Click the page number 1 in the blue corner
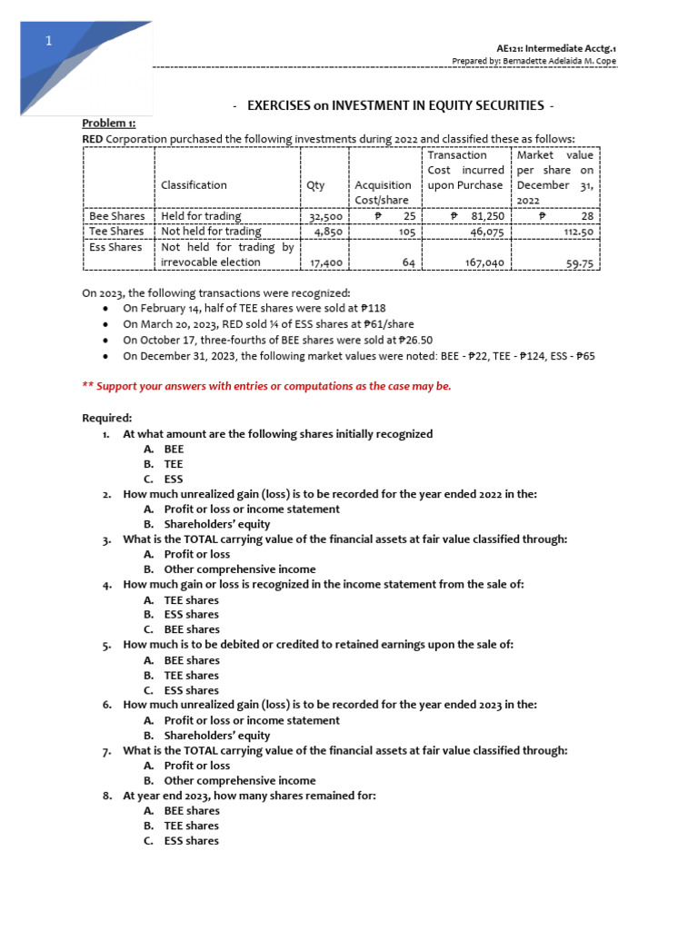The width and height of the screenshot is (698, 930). tap(50, 42)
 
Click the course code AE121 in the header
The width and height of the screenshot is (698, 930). tap(512, 47)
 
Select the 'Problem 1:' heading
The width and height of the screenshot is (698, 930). tap(107, 123)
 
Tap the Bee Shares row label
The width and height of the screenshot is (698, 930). tap(116, 216)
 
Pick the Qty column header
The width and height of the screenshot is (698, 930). tap(315, 184)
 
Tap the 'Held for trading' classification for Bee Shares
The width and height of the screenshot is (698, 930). tap(201, 216)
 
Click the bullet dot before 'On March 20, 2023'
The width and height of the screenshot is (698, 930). tap(108, 325)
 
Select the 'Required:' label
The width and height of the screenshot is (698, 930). tap(107, 418)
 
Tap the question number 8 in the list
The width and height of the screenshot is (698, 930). tap(106, 796)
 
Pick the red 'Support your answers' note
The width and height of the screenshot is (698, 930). tap(266, 386)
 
